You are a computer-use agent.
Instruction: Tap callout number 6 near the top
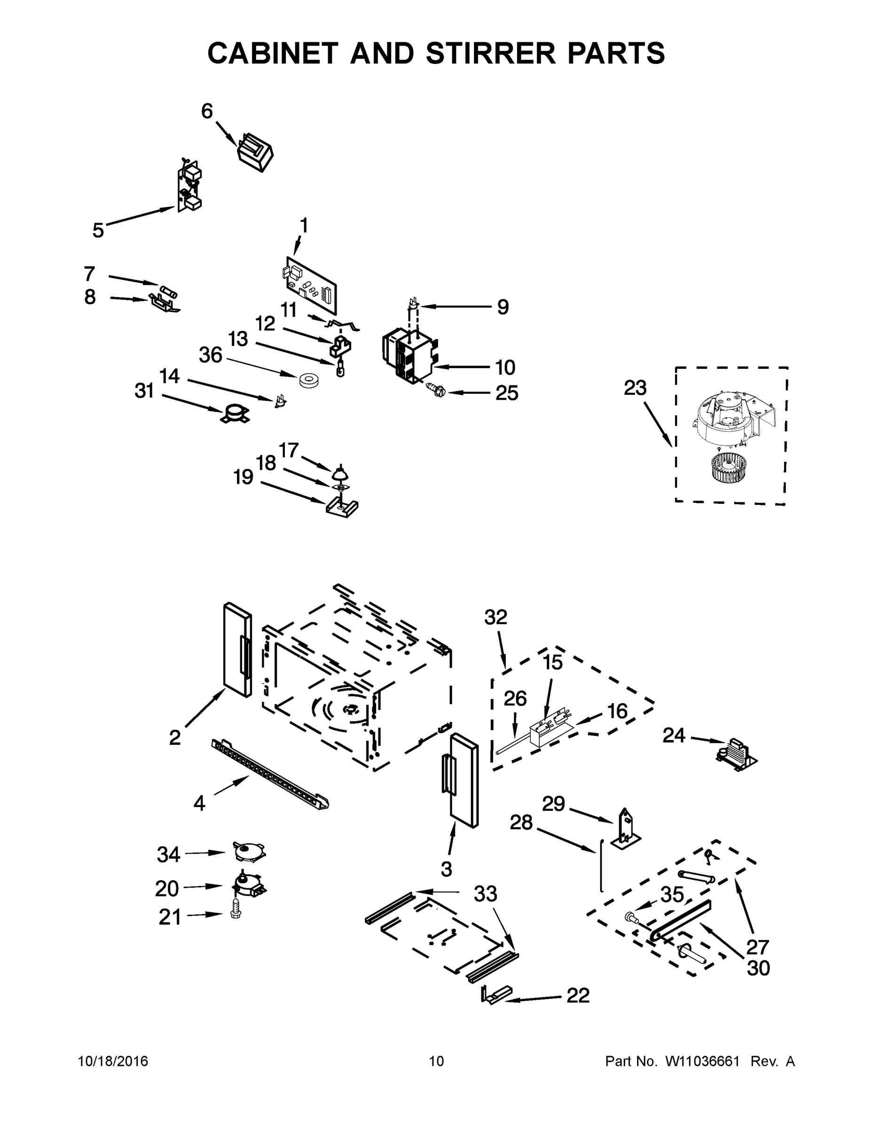pos(207,110)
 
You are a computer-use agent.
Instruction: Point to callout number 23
pos(635,387)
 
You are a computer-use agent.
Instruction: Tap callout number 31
pos(144,391)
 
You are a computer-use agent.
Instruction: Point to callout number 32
pos(495,617)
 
